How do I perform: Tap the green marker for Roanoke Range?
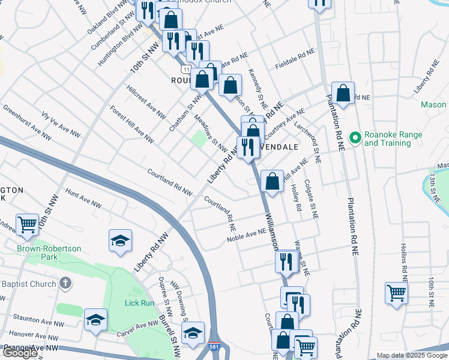(x=355, y=138)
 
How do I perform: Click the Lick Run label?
(x=139, y=303)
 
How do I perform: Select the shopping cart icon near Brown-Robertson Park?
(x=28, y=225)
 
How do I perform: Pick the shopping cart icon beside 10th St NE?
(x=396, y=293)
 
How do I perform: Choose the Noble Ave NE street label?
(x=246, y=235)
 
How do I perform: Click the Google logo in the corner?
(x=20, y=353)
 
